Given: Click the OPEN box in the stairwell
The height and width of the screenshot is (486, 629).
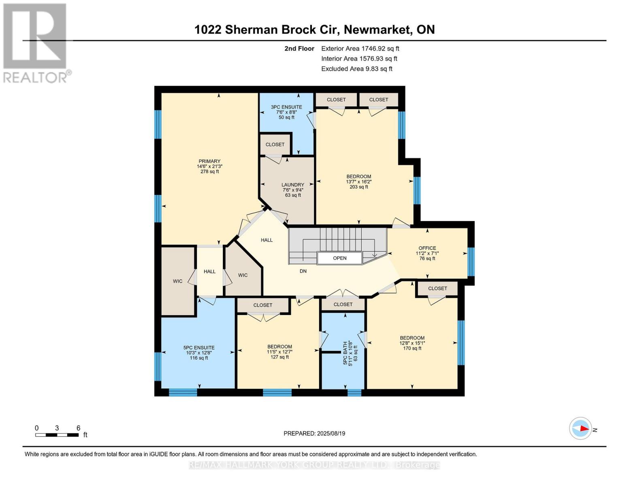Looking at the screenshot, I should [x=339, y=258].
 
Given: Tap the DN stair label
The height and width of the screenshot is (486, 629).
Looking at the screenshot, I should [x=303, y=271].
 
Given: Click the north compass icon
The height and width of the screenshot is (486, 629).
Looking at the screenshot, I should [x=580, y=428].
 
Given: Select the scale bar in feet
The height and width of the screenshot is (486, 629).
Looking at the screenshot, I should [x=57, y=435].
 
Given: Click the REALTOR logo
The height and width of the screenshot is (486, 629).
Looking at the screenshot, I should [x=36, y=43].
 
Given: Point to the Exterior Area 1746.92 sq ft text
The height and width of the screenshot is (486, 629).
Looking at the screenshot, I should [x=360, y=48].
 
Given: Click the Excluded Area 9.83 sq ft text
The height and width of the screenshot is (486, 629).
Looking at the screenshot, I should [x=356, y=68].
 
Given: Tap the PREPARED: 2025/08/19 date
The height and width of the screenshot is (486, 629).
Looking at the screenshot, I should [x=314, y=433].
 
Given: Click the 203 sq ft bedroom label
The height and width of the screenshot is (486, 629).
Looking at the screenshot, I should [x=358, y=181].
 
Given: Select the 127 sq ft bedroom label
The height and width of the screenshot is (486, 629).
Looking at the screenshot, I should [x=279, y=352].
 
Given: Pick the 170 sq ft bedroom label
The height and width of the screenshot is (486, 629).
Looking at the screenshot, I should [x=412, y=343].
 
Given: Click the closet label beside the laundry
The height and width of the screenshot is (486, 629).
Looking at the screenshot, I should [x=275, y=145].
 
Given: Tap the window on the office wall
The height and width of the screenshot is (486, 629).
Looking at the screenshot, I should [x=471, y=262].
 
